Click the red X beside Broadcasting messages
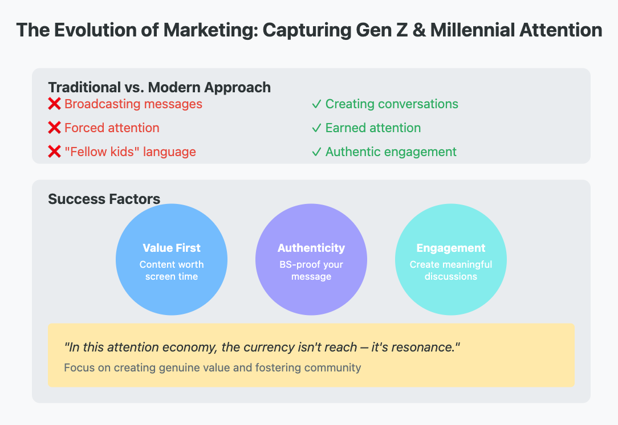click(54, 104)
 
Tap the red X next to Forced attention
click(54, 128)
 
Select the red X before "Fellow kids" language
click(54, 152)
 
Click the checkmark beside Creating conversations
click(316, 104)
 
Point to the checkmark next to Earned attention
click(316, 128)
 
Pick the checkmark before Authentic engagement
click(316, 152)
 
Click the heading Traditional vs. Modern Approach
click(159, 87)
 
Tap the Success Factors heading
click(104, 199)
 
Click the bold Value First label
click(172, 248)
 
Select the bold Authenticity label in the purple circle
click(311, 248)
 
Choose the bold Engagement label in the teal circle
click(451, 248)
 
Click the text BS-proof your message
click(311, 270)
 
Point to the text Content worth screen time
click(172, 270)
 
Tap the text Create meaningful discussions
click(451, 270)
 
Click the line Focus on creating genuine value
click(213, 367)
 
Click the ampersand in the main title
click(419, 30)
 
